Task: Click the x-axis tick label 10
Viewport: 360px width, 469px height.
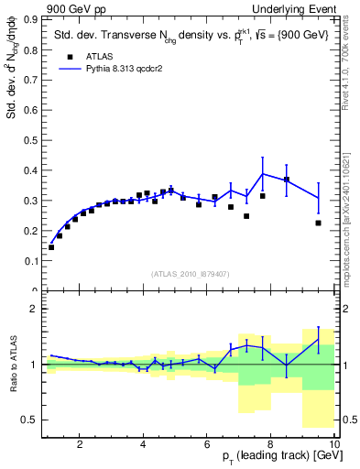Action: coord(334,444)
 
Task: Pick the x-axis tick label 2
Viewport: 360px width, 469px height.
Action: coord(80,444)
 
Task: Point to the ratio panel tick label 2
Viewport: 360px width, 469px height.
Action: coord(35,309)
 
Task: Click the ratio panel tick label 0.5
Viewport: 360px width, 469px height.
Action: coord(31,420)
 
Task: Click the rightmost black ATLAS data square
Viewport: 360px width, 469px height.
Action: coord(318,223)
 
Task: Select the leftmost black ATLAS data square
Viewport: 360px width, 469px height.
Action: coord(51,247)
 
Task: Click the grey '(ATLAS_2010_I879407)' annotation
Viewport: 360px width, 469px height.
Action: coord(189,273)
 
